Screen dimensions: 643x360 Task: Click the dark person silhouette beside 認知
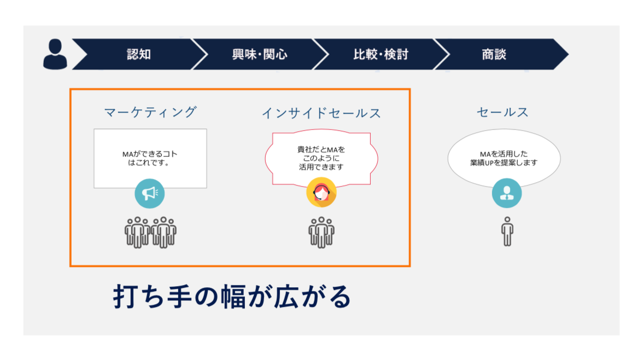click(x=55, y=54)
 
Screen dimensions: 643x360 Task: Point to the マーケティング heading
click(x=150, y=112)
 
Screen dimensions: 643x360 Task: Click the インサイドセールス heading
click(x=321, y=113)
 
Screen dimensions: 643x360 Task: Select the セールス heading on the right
click(x=502, y=112)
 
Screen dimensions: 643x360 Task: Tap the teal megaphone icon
click(x=150, y=193)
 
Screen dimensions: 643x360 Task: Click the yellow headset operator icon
click(x=321, y=192)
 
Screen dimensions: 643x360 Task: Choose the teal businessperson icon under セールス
click(x=507, y=193)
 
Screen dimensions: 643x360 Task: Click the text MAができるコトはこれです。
click(x=150, y=158)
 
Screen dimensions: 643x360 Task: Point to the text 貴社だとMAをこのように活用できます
click(x=321, y=158)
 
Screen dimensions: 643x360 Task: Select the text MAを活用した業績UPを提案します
click(x=504, y=158)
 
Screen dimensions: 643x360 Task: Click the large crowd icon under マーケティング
click(x=150, y=233)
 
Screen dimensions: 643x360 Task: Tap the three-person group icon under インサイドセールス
click(x=321, y=233)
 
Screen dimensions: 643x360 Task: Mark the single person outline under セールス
click(x=507, y=231)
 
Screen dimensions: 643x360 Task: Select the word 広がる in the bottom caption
click(x=313, y=297)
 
